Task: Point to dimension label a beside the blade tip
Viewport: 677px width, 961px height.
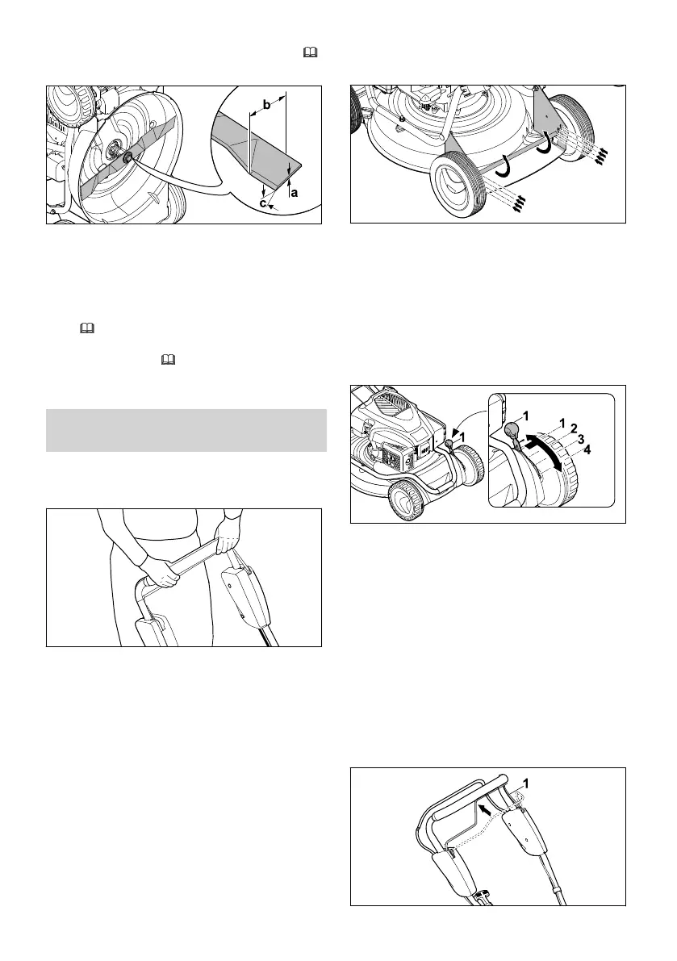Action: [293, 193]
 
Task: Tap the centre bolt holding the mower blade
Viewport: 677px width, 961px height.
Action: [127, 155]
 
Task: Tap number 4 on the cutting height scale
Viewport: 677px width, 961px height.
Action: [587, 449]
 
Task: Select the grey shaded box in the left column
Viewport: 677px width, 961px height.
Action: [186, 430]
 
